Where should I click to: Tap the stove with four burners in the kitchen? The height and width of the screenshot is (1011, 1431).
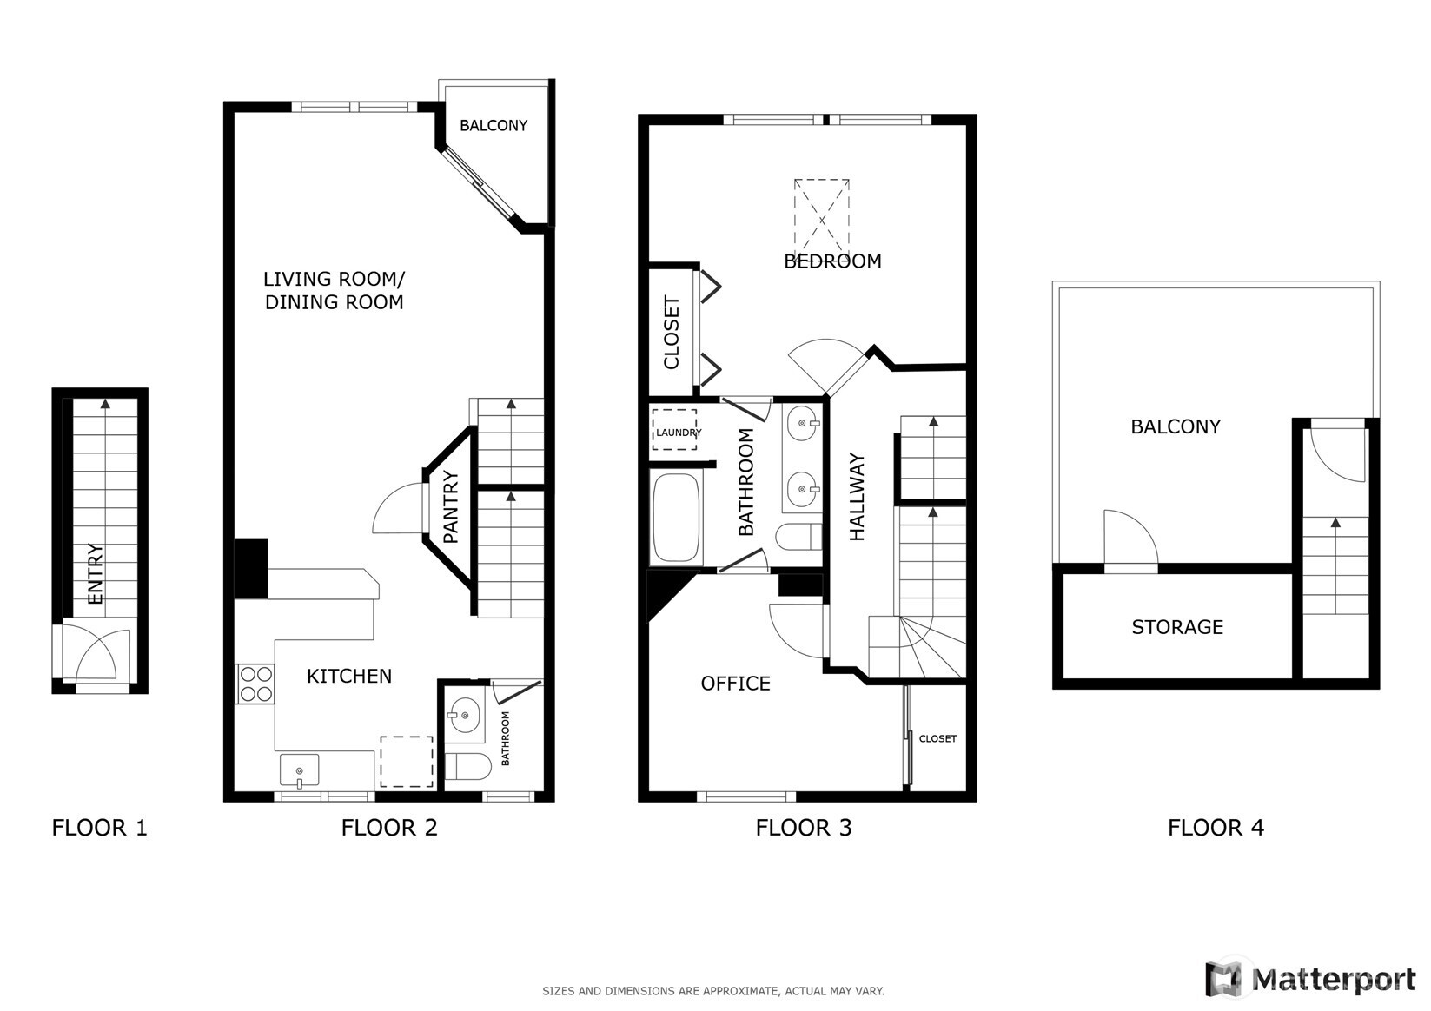click(255, 684)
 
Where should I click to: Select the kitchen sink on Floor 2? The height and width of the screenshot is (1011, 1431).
click(299, 770)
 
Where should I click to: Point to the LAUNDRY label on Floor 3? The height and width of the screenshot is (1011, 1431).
click(678, 432)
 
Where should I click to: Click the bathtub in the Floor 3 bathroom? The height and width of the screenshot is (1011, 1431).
click(676, 518)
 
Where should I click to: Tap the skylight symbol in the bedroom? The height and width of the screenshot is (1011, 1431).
click(821, 213)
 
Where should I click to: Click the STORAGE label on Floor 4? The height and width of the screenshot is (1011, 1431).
click(1177, 627)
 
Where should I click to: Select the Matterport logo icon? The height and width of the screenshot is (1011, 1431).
click(1223, 979)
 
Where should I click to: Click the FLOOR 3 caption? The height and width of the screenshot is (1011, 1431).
click(804, 828)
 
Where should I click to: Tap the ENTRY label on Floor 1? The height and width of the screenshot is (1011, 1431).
click(96, 573)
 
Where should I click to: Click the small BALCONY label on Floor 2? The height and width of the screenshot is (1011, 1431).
click(494, 126)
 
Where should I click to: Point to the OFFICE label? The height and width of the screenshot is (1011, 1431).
click(735, 684)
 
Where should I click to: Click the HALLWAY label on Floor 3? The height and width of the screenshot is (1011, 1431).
click(858, 497)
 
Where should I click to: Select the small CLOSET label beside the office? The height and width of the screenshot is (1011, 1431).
click(937, 738)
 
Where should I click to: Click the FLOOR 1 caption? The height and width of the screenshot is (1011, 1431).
click(100, 828)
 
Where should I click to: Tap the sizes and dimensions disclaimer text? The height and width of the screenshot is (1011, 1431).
click(713, 990)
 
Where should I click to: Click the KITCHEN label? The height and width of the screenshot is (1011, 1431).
click(349, 676)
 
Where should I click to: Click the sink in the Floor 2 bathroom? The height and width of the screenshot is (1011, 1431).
click(465, 716)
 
